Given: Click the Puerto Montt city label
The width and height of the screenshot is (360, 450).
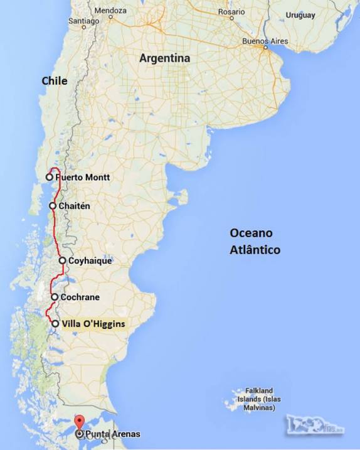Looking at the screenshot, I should pyautogui.click(x=83, y=178).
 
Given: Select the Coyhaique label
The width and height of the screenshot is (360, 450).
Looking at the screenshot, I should pyautogui.click(x=90, y=260).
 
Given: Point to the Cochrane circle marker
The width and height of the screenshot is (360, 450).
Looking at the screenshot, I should pyautogui.click(x=55, y=297).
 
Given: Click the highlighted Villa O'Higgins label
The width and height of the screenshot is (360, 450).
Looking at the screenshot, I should pyautogui.click(x=93, y=324).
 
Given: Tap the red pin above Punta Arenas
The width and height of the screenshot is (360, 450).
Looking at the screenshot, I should pyautogui.click(x=79, y=422).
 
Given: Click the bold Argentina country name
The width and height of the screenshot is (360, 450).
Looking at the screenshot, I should pyautogui.click(x=164, y=58).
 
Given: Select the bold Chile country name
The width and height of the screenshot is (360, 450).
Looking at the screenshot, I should pyautogui.click(x=54, y=80).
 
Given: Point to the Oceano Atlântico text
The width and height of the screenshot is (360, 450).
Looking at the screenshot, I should pyautogui.click(x=254, y=242).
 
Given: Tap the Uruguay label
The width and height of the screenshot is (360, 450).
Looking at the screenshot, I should pyautogui.click(x=300, y=14).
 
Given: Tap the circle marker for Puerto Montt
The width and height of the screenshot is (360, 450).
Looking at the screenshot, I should pyautogui.click(x=49, y=178).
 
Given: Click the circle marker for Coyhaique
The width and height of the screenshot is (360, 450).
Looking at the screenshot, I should pyautogui.click(x=63, y=260).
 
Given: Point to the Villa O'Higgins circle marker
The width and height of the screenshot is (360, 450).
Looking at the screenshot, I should pyautogui.click(x=55, y=324).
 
